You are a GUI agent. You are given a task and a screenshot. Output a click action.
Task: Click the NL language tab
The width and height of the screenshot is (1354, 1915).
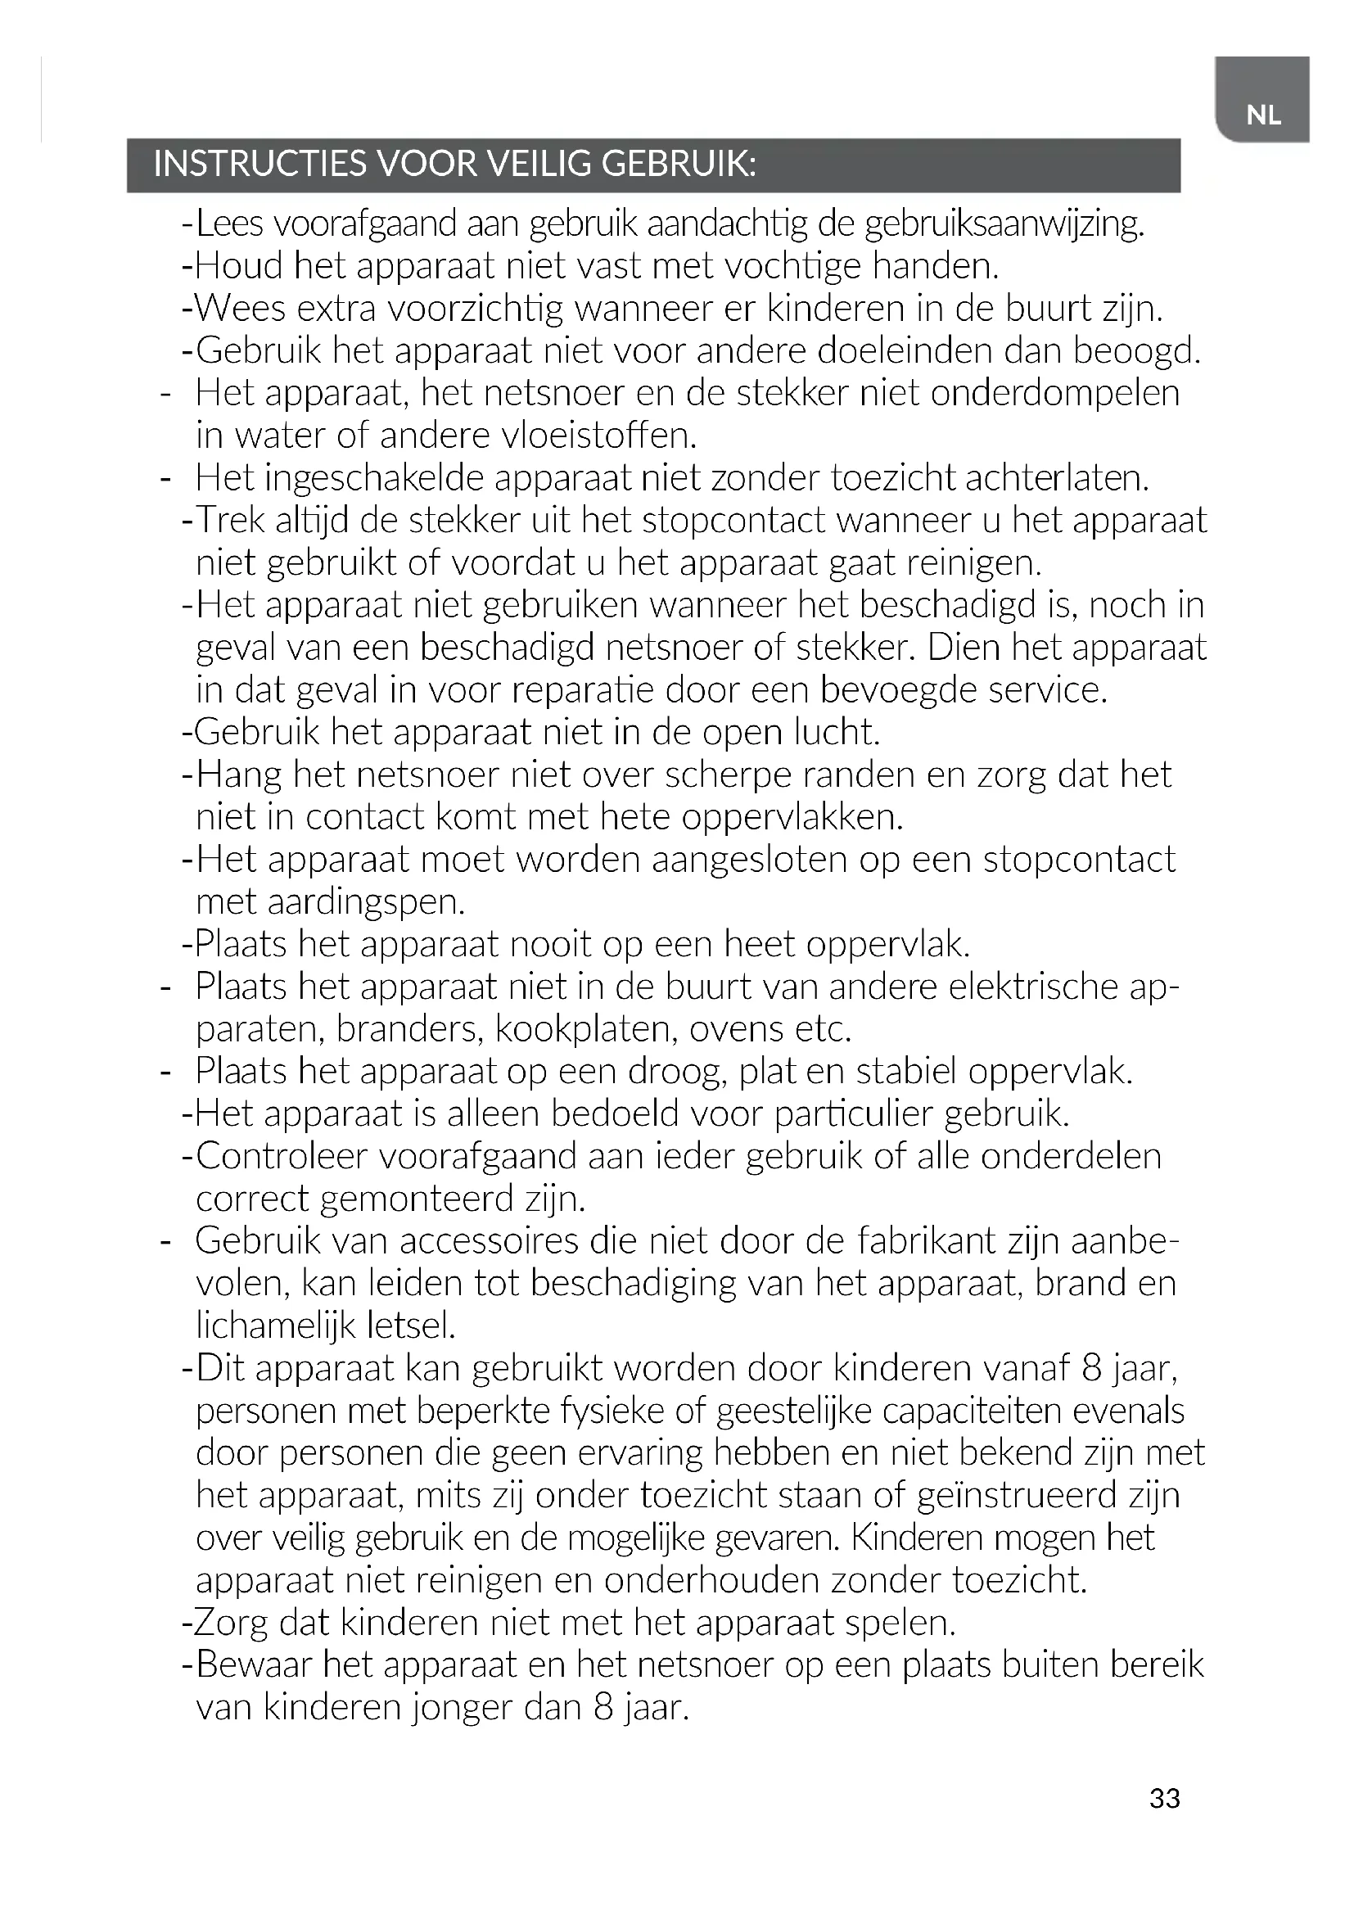1263,115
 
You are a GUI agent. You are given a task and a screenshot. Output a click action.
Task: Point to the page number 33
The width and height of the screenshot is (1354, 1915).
1164,1797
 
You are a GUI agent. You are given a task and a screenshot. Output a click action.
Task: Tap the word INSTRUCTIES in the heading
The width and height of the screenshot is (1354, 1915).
260,165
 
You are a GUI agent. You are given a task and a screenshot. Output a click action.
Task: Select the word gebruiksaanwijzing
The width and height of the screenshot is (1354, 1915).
1004,224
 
